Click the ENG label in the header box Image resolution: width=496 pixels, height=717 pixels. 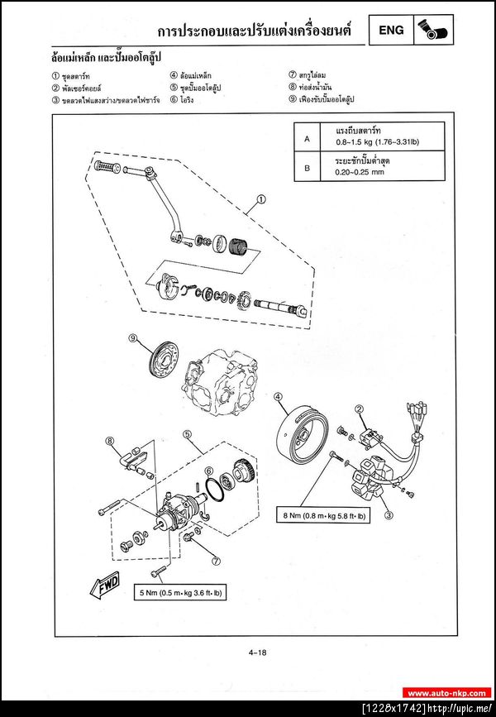pyautogui.click(x=391, y=31)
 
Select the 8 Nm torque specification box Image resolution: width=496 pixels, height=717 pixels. pyautogui.click(x=324, y=515)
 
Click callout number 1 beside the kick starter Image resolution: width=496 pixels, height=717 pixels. pyautogui.click(x=261, y=198)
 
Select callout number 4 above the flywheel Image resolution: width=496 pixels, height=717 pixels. pyautogui.click(x=279, y=396)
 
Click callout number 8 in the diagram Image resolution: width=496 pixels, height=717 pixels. pyautogui.click(x=109, y=441)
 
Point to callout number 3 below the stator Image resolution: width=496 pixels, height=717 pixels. pyautogui.click(x=388, y=514)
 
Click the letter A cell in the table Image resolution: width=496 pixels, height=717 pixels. pyautogui.click(x=308, y=139)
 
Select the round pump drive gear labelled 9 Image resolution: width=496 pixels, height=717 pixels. pyautogui.click(x=163, y=358)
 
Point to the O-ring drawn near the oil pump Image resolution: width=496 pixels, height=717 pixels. pyautogui.click(x=213, y=490)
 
